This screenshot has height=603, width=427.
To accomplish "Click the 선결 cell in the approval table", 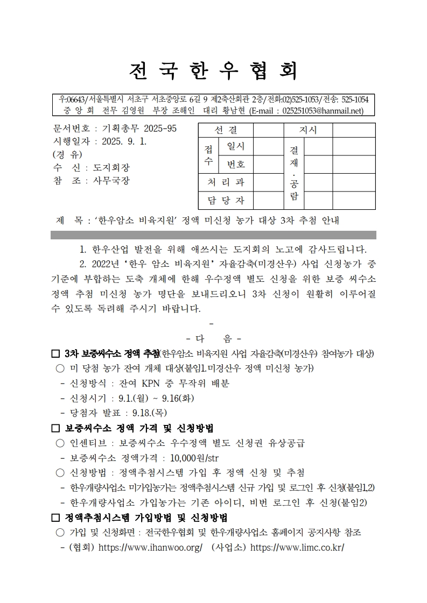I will click(225, 130).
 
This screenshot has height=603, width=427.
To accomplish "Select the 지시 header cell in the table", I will click(307, 130).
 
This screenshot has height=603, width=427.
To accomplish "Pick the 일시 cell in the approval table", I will click(236, 146).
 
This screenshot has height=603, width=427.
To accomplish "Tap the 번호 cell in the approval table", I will click(236, 164).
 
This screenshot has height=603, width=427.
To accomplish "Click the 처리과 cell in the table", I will click(225, 182).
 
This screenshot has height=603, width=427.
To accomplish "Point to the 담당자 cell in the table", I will click(225, 201).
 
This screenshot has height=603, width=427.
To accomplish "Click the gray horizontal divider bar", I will click(213, 235).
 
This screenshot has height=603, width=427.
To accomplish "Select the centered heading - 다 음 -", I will click(213, 339).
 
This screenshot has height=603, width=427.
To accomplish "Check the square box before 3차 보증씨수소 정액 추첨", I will click(55, 354).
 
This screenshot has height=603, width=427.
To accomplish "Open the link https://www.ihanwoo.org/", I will click(150, 548).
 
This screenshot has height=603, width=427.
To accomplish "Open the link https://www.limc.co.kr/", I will click(297, 548).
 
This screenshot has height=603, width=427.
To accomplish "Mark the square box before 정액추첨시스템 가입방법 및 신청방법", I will click(55, 518).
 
